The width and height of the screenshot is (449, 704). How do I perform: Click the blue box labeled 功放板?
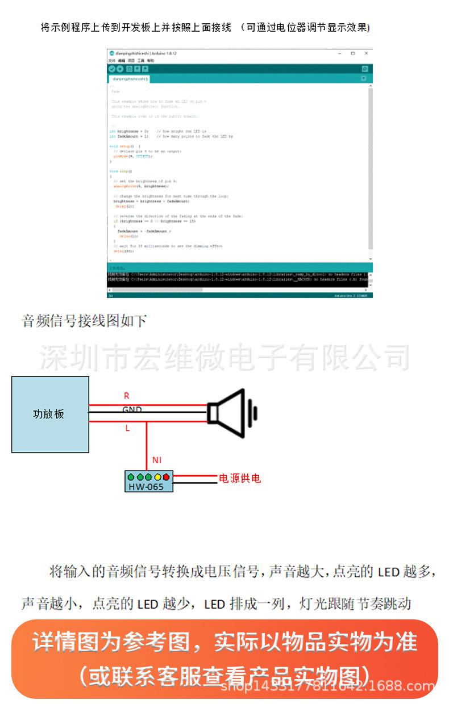[x=50, y=414]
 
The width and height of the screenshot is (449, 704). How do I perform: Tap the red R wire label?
[x=127, y=396]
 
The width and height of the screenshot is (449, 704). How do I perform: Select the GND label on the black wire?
[x=132, y=409]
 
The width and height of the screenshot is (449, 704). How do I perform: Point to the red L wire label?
[x=127, y=428]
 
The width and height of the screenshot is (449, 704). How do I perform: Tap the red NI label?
[x=157, y=460]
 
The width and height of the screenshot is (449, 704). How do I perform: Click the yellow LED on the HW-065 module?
[x=157, y=477]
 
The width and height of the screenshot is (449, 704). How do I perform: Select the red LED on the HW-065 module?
[x=166, y=477]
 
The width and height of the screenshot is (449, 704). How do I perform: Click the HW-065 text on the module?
[x=145, y=487]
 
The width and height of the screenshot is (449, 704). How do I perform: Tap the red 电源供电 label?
[x=240, y=479]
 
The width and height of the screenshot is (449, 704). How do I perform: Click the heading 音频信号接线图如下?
[x=84, y=321]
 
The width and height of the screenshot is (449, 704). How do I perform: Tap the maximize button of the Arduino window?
[x=352, y=53]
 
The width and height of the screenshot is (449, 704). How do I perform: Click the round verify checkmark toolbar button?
[x=112, y=69]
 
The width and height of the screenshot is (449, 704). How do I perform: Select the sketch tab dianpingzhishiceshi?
[x=130, y=79]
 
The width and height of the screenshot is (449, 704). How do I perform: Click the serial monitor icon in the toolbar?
[x=365, y=69]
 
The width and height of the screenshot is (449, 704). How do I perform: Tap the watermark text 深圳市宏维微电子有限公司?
[x=224, y=357]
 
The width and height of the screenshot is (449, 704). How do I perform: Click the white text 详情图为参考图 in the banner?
[x=114, y=642]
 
